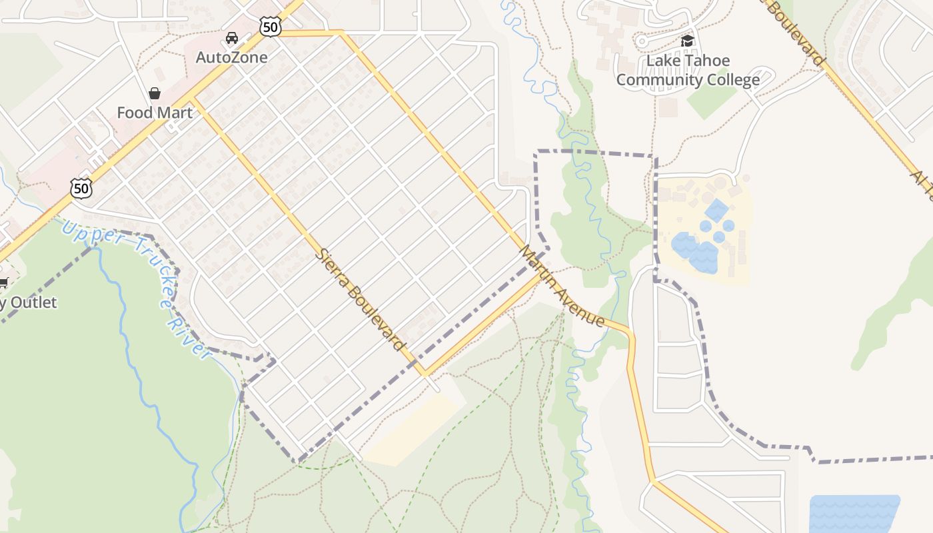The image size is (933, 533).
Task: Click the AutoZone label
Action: tap(231, 57)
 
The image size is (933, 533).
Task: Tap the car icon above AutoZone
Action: tap(232, 38)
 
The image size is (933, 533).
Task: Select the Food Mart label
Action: tap(155, 113)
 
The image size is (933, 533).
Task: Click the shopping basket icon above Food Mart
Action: tap(155, 93)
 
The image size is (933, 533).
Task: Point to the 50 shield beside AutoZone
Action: tap(271, 27)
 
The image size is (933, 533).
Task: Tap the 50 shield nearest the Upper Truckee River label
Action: tap(81, 189)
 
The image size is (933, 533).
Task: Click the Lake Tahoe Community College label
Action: tap(688, 71)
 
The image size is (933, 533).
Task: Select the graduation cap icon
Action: tap(688, 41)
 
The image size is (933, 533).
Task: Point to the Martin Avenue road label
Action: tap(563, 286)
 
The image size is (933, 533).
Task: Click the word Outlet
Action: tap(33, 302)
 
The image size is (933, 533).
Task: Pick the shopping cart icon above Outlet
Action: tap(3, 283)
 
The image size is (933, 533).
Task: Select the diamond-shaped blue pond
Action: tap(716, 210)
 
